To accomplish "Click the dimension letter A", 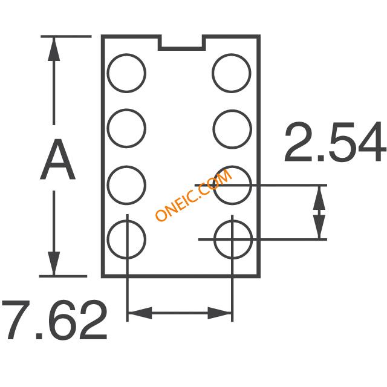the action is pyautogui.click(x=57, y=160).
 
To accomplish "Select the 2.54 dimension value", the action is pyautogui.click(x=335, y=142).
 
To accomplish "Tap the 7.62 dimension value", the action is pyautogui.click(x=55, y=320).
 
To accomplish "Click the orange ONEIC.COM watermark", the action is pyautogui.click(x=194, y=195).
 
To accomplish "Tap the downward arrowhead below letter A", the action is pyautogui.click(x=54, y=264).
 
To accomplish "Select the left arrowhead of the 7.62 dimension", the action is pyautogui.click(x=140, y=313).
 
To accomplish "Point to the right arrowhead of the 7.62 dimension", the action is pyautogui.click(x=220, y=313).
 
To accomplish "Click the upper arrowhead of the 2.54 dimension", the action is pyautogui.click(x=319, y=198).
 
